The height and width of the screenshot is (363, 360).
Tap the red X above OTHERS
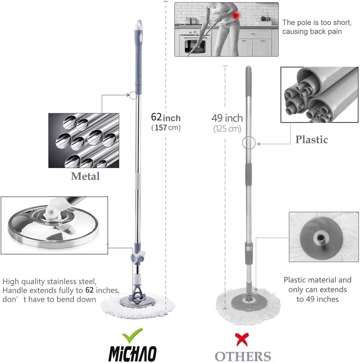tap(242, 339)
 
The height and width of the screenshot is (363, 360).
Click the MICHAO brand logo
tap(133, 354)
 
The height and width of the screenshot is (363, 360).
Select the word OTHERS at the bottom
tap(243, 356)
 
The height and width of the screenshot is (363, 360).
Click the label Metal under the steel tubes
tap(85, 176)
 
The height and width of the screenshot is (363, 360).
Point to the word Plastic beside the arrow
tap(312, 139)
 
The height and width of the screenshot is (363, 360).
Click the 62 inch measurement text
tap(166, 117)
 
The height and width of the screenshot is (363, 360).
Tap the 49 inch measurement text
tap(227, 118)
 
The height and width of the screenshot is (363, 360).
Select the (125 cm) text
tap(227, 129)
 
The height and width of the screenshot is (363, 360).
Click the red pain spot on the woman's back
tap(236, 16)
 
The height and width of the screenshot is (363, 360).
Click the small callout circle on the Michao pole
tap(133, 95)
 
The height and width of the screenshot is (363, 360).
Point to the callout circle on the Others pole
tap(249, 143)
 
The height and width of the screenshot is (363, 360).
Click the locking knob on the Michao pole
tap(138, 257)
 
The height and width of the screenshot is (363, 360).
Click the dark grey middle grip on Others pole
tap(248, 174)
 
